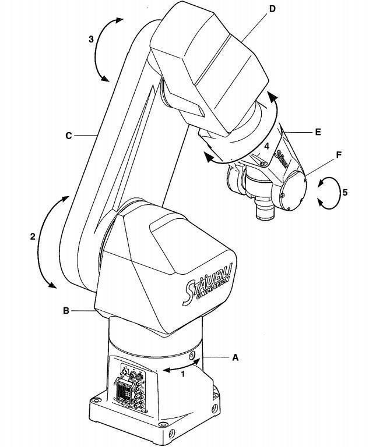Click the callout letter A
(235, 357)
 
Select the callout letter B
(66, 310)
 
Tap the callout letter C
(69, 136)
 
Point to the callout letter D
(272, 9)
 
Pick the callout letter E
(318, 132)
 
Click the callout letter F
(339, 155)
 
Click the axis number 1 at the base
(183, 374)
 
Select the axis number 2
(33, 236)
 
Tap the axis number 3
(91, 39)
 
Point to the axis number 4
(266, 147)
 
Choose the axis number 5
(345, 193)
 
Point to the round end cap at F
(293, 191)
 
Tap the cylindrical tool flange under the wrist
(265, 209)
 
